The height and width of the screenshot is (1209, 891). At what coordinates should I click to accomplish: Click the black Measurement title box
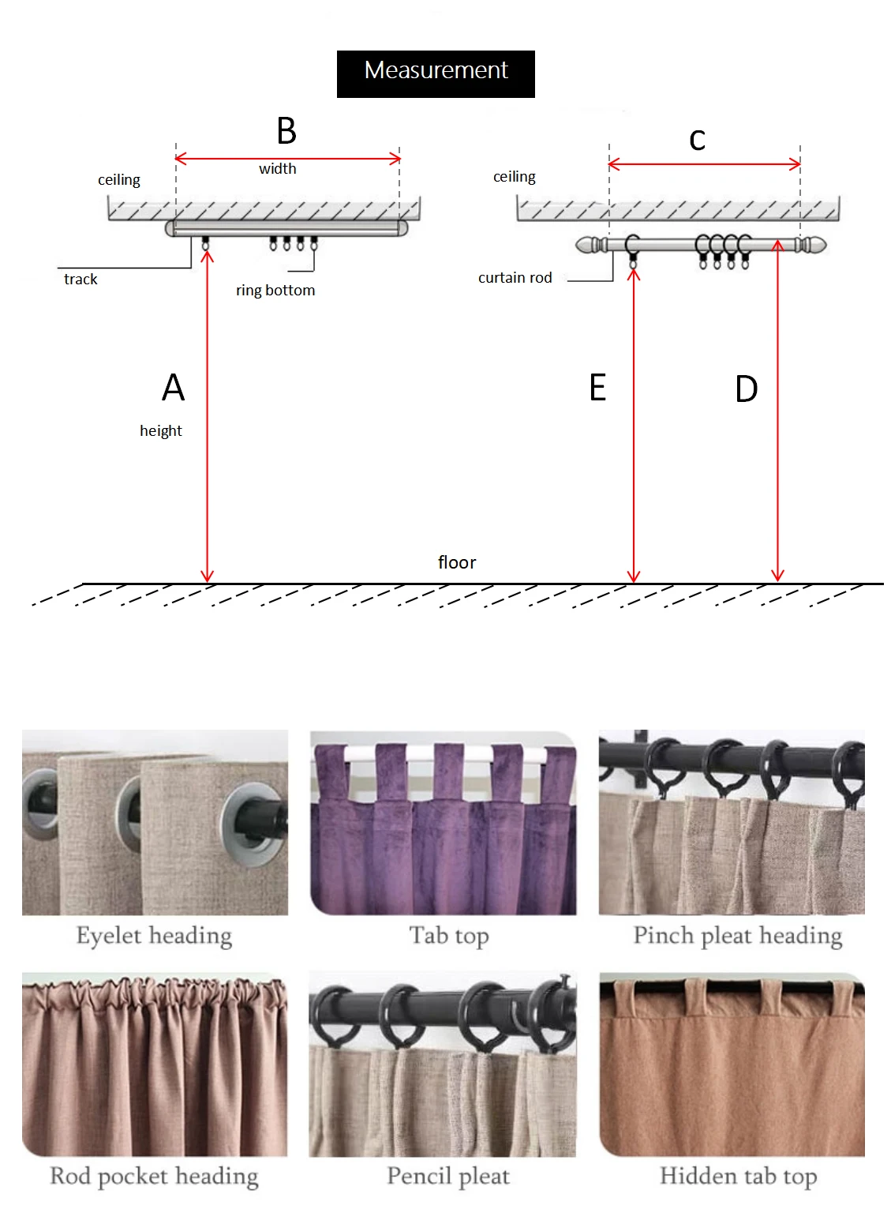pos(436,73)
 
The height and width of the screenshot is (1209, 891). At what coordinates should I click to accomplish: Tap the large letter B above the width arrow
pos(286,131)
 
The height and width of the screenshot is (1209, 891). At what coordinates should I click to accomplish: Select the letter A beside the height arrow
pos(174,388)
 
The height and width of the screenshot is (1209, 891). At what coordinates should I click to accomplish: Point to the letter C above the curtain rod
pos(697,141)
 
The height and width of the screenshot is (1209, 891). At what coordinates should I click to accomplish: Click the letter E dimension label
pos(597,388)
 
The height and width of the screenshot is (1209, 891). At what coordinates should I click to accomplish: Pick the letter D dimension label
pos(747,389)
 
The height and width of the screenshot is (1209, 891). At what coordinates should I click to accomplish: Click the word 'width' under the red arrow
pos(278,169)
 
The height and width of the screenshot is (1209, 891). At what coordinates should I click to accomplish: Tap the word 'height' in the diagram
pos(161,431)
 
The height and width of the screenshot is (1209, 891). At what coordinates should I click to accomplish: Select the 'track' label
pos(80,280)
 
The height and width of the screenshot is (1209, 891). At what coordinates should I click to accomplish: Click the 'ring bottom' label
pos(275,291)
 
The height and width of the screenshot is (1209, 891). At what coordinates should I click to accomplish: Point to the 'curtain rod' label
pos(515,278)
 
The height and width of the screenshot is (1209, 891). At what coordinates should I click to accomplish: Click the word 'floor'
pos(457,563)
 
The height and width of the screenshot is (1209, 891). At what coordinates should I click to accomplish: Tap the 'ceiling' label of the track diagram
pos(119,180)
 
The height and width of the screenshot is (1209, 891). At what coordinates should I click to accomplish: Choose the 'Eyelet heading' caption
pos(154,936)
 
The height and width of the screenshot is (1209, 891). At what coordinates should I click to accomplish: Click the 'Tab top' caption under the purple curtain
pos(449,936)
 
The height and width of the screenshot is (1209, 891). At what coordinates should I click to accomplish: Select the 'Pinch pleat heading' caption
pos(738,936)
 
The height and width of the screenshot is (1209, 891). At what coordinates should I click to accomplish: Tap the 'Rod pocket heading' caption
pos(154,1177)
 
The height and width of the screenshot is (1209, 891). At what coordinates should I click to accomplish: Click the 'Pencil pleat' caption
pos(448,1177)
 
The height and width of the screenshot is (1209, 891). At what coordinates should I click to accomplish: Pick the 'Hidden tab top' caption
pos(738,1177)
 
